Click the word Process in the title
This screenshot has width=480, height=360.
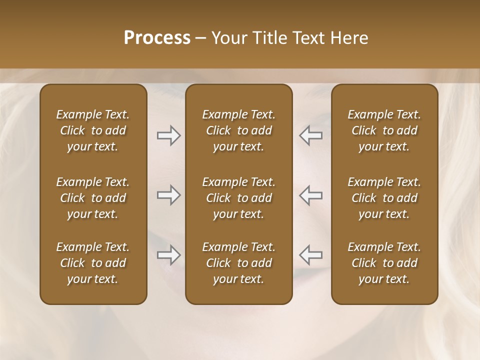pos(157,38)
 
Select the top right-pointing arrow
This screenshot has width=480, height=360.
pos(168,135)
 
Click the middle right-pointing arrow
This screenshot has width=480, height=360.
pos(168,195)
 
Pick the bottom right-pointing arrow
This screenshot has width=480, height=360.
pos(168,255)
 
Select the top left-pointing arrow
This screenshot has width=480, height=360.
pos(311,135)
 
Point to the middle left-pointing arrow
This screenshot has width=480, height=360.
pos(311,195)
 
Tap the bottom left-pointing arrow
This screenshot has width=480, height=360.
pos(311,255)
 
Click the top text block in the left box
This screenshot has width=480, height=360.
pos(93,130)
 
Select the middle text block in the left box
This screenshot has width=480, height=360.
pos(93,198)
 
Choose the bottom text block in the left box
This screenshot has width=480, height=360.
pos(93,263)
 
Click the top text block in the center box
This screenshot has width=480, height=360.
pos(239,130)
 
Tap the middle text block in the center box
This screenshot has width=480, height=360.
pos(239,198)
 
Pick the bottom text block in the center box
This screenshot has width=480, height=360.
pos(239,263)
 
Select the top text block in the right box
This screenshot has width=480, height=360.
pos(384,130)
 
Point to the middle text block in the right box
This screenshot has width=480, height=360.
pos(384,198)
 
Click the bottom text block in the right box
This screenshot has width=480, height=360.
pos(384,263)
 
